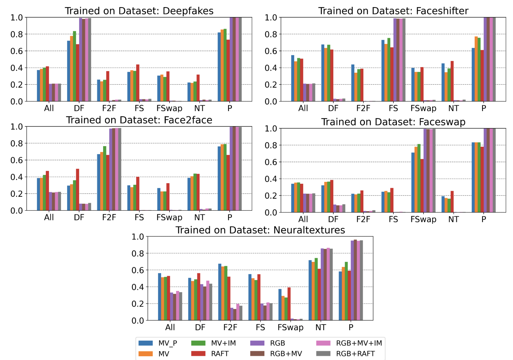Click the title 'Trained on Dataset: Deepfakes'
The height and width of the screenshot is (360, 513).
pyautogui.click(x=139, y=11)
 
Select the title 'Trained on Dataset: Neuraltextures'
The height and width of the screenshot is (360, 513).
pyautogui.click(x=260, y=230)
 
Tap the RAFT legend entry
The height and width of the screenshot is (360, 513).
pyautogui.click(x=219, y=354)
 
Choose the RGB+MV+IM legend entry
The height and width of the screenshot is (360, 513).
pyautogui.click(x=359, y=343)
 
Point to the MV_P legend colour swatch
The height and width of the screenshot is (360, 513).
pyautogui.click(x=145, y=343)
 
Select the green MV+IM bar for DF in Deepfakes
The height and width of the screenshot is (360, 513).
pyautogui.click(x=75, y=66)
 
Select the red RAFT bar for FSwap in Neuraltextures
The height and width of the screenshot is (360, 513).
pyautogui.click(x=289, y=304)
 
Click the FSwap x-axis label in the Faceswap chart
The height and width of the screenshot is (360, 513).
pyautogui.click(x=423, y=219)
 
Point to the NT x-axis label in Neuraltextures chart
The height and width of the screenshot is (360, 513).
pyautogui.click(x=320, y=327)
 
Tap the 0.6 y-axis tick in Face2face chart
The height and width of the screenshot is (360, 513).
pyautogui.click(x=16, y=160)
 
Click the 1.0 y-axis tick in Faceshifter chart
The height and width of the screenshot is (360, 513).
pyautogui.click(x=271, y=18)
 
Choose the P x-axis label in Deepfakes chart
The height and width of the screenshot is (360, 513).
pyautogui.click(x=230, y=109)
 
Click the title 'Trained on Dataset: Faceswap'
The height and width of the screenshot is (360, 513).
pyautogui.click(x=393, y=122)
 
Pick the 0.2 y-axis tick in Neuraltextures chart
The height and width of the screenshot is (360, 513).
pyautogui.click(x=138, y=304)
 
